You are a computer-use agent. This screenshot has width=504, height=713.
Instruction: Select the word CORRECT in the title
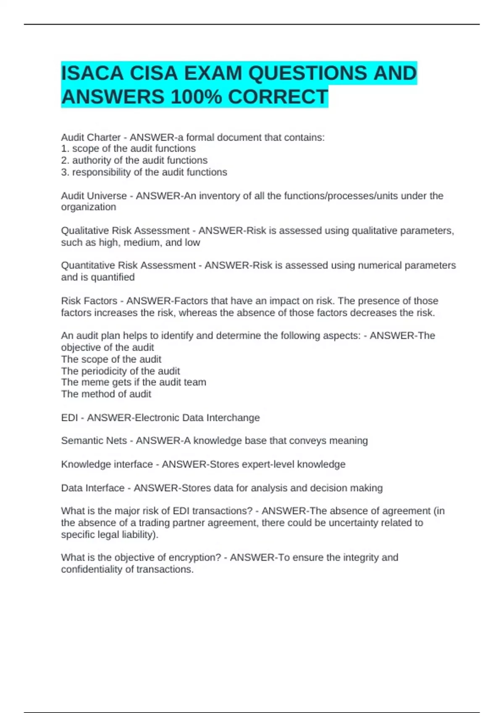pyautogui.click(x=278, y=97)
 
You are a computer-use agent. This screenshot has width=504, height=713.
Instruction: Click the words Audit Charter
pyautogui.click(x=91, y=137)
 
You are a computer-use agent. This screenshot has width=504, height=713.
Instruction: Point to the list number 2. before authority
pyautogui.click(x=65, y=160)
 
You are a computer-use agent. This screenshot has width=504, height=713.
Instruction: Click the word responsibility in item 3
pyautogui.click(x=101, y=172)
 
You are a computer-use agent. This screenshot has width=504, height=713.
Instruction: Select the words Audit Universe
pyautogui.click(x=94, y=196)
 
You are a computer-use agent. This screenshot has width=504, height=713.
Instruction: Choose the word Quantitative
pyautogui.click(x=86, y=265)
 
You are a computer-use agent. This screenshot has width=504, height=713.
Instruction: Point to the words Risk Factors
pyautogui.click(x=89, y=301)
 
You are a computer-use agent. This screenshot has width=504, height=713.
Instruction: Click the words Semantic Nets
pyautogui.click(x=94, y=440)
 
